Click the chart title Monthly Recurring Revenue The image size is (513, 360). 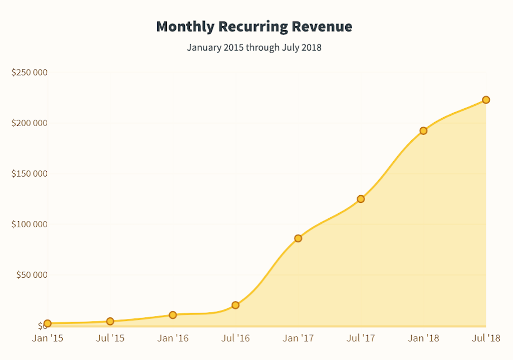click(x=254, y=27)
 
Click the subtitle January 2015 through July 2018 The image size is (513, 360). click(x=254, y=48)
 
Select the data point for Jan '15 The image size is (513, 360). click(x=48, y=323)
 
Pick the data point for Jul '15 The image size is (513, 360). click(x=110, y=321)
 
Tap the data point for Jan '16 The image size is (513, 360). click(x=173, y=315)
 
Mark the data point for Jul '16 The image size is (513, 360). click(x=235, y=305)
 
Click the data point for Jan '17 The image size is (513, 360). click(x=298, y=238)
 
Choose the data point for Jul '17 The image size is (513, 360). click(x=361, y=199)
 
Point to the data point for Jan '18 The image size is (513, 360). click(x=423, y=131)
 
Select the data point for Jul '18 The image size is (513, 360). click(x=486, y=100)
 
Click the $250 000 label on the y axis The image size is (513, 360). click(x=30, y=73)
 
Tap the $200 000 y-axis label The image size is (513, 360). click(x=30, y=123)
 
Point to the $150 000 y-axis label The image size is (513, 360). click(x=30, y=174)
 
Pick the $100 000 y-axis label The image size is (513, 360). click(x=30, y=224)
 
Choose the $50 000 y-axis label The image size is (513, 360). click(x=32, y=275)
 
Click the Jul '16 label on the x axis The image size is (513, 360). click(x=235, y=338)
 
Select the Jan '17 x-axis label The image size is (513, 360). click(x=298, y=338)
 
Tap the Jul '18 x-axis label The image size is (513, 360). click(x=486, y=338)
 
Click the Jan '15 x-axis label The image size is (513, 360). click(x=48, y=338)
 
